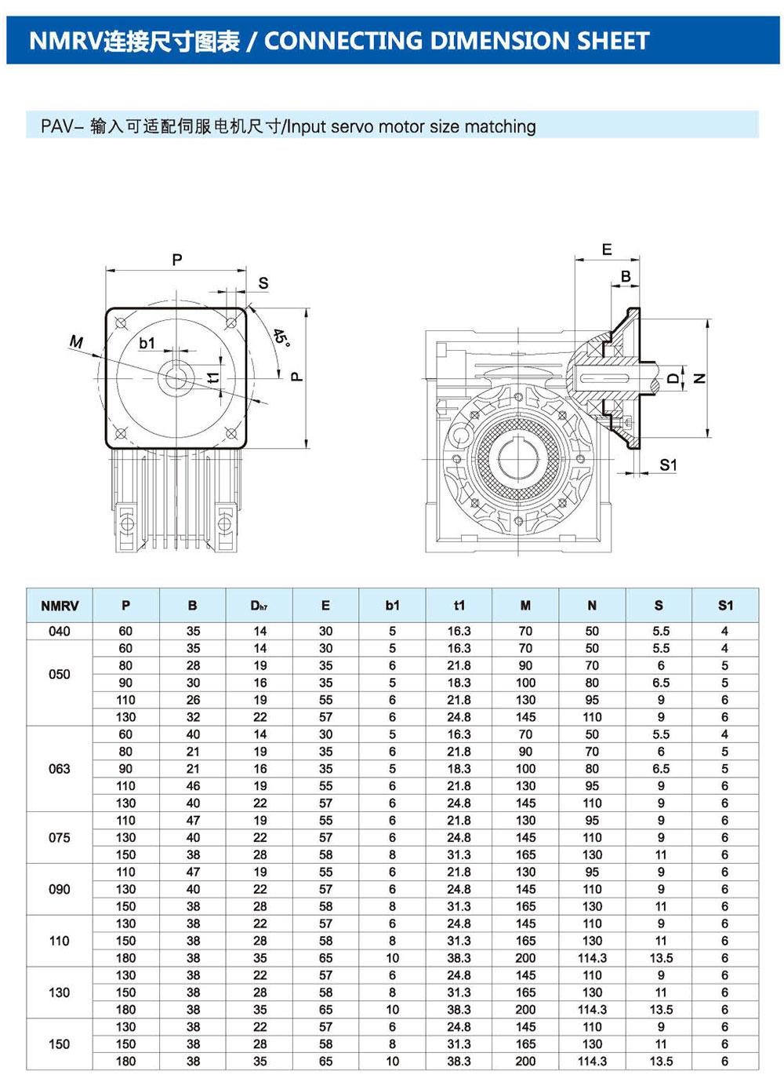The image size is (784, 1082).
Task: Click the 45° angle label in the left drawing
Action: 281,338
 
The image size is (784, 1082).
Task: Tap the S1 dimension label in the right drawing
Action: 668,464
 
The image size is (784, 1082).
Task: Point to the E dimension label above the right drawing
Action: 607,250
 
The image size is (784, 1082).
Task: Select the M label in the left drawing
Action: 76,341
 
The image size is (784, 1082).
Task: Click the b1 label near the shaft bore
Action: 147,343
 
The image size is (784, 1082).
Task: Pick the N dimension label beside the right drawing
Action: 700,378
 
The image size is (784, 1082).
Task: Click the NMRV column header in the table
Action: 60,606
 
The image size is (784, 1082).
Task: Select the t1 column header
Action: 459,606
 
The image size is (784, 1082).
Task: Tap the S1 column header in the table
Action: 725,606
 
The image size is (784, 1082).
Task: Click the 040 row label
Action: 60,631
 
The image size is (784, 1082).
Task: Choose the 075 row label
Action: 60,837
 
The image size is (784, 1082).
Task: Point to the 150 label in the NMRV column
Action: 60,1044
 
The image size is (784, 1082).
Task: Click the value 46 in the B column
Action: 193,785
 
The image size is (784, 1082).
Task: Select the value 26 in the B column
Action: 193,700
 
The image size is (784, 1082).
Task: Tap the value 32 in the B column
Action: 193,717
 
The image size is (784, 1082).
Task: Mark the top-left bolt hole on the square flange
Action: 121,322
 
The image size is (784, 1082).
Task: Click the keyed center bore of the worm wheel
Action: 517,458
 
